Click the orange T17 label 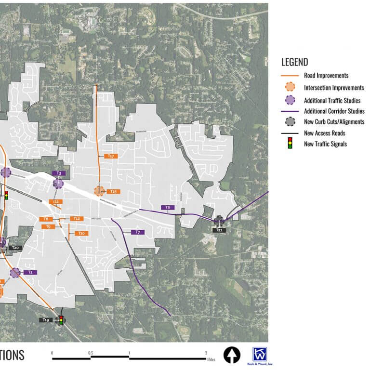[x=111, y=156]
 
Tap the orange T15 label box [x=113, y=191]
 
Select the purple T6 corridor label [x=168, y=207]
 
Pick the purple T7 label [x=138, y=232]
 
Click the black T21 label [x=219, y=230]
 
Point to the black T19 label [x=46, y=320]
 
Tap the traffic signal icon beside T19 [x=61, y=319]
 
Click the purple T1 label [x=30, y=272]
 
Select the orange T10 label [x=81, y=233]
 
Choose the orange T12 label [x=76, y=219]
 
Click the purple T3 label [x=59, y=173]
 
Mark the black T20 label [x=15, y=248]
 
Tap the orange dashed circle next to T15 [x=100, y=191]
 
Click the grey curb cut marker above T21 [x=219, y=221]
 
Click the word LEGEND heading [x=294, y=63]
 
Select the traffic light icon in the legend [x=290, y=143]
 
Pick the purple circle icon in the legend [x=290, y=100]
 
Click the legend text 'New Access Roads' [x=324, y=133]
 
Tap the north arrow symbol [x=232, y=355]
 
